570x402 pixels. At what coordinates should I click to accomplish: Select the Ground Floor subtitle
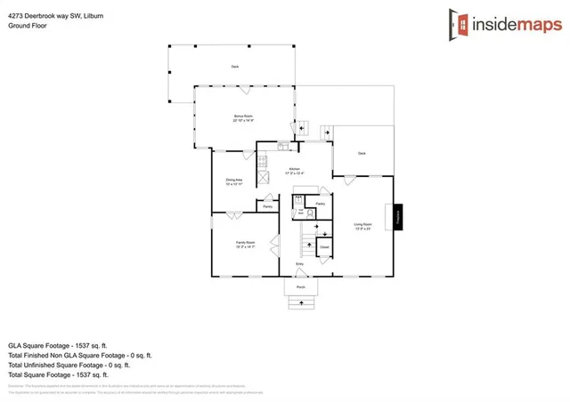click(28, 26)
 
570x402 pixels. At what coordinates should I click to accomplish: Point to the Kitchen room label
click(294, 171)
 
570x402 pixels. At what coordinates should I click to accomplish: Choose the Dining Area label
click(234, 183)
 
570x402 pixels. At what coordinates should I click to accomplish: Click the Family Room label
click(246, 245)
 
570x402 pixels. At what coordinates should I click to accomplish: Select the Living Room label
click(362, 226)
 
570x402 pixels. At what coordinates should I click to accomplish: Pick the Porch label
click(300, 286)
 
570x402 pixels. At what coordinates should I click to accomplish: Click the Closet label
click(324, 246)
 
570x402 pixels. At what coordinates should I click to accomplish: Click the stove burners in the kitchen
click(262, 161)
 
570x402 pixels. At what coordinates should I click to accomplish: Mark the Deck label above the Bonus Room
click(235, 67)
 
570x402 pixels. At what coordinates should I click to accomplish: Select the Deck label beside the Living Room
click(362, 154)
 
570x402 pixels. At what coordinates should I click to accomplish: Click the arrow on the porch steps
click(300, 303)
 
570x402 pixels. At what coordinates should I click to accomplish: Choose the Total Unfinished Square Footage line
click(69, 365)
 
